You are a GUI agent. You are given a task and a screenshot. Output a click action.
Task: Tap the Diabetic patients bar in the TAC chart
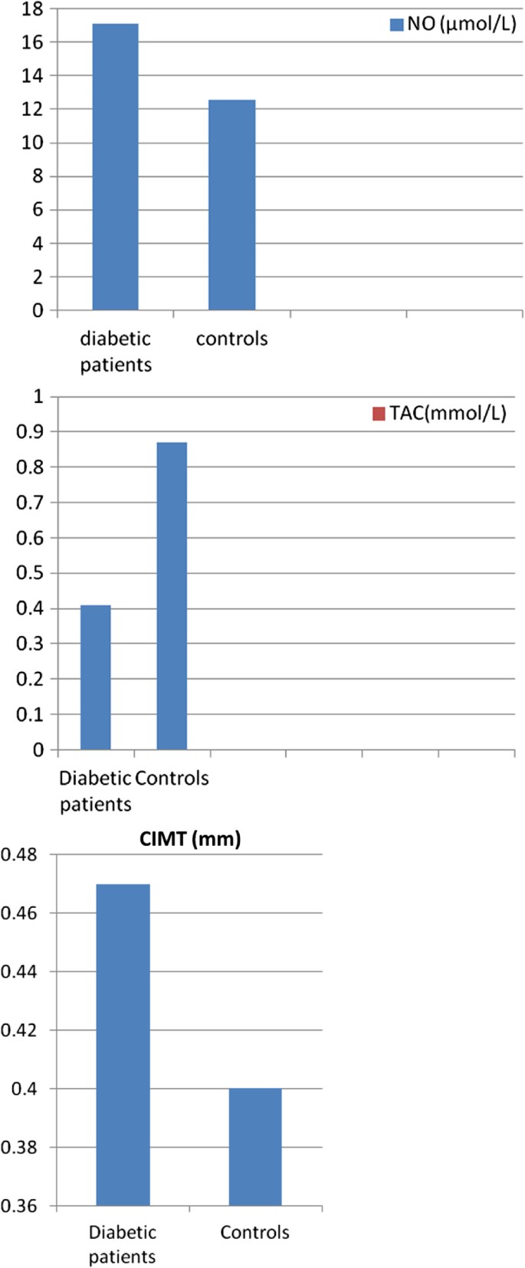[95, 677]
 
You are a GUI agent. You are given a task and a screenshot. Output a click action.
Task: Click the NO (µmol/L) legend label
[461, 24]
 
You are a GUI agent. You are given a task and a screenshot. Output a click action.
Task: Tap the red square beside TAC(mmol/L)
[378, 414]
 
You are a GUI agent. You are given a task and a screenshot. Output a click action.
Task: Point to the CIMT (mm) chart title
[190, 839]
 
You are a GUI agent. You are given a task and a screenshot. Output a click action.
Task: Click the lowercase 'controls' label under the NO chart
[231, 339]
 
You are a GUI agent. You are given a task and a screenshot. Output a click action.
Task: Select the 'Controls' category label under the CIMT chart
[254, 1232]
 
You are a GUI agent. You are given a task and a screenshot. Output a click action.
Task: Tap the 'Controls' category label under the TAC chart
[172, 778]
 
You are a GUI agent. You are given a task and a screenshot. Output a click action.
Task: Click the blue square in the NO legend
[396, 25]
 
